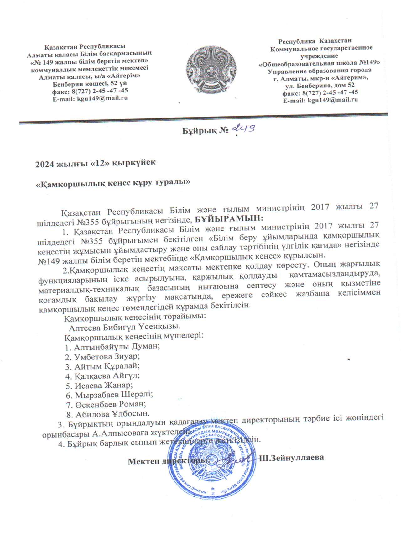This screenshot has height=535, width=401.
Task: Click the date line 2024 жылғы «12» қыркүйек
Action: pyautogui.click(x=96, y=163)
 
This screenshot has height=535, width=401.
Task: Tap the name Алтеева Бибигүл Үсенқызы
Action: pyautogui.click(x=125, y=327)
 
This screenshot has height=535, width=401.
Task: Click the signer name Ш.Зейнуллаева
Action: pyautogui.click(x=291, y=457)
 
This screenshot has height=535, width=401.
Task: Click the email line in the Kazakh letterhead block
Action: pyautogui.click(x=90, y=98)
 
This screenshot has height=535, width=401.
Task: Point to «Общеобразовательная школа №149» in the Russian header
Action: pyautogui.click(x=319, y=63)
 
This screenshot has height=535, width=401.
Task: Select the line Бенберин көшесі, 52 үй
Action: pyautogui.click(x=90, y=84)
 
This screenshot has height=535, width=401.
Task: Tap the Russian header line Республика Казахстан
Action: pyautogui.click(x=315, y=41)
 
